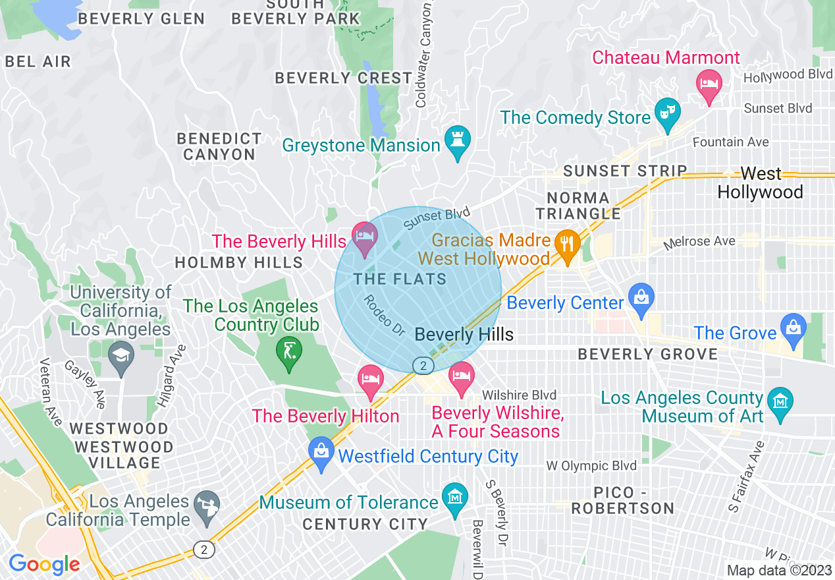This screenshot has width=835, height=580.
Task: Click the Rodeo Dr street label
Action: pyautogui.click(x=383, y=314)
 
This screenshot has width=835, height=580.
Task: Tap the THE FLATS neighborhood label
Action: pyautogui.click(x=400, y=279)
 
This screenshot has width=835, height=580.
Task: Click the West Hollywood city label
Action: pyautogui.click(x=760, y=183)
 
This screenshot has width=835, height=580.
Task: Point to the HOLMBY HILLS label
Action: pyautogui.click(x=238, y=263)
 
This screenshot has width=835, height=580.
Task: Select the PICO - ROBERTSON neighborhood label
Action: pyautogui.click(x=622, y=501)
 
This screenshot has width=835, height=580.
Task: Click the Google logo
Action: pyautogui.click(x=44, y=564)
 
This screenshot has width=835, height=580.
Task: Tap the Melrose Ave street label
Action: pyautogui.click(x=699, y=243)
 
